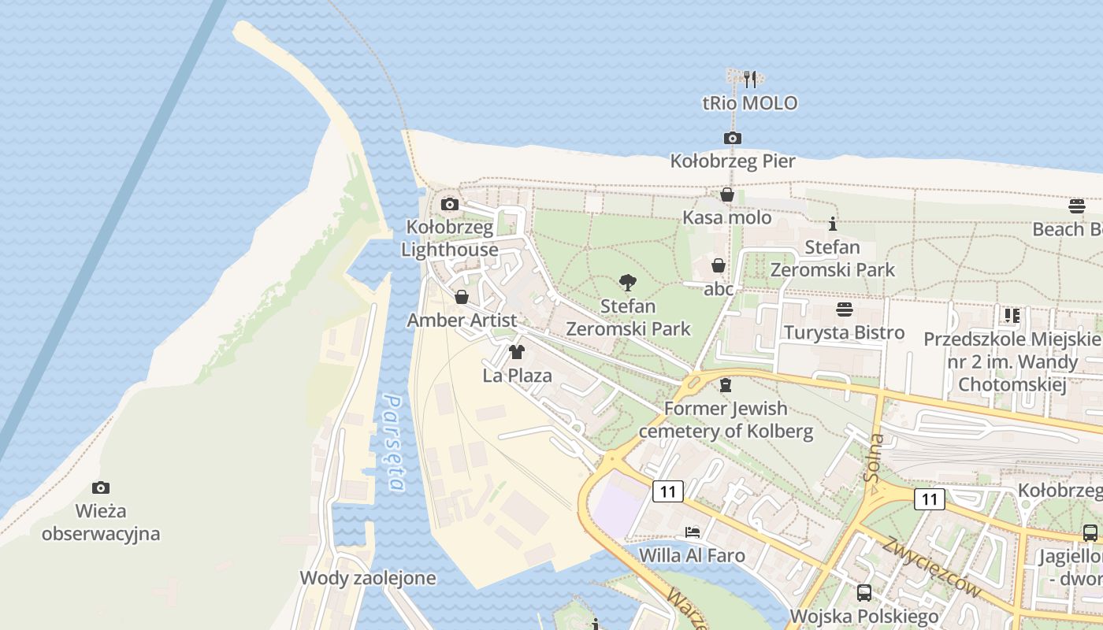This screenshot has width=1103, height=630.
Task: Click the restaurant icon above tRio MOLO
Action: click(x=750, y=79)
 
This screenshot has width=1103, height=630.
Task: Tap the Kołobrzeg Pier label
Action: click(x=732, y=161)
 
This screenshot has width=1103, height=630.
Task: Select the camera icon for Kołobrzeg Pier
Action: click(x=732, y=139)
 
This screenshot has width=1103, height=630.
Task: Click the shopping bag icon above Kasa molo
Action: click(x=726, y=195)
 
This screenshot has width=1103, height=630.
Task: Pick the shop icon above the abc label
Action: click(x=718, y=265)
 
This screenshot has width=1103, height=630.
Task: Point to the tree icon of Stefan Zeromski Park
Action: click(x=628, y=283)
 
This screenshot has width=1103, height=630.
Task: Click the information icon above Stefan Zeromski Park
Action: click(x=832, y=224)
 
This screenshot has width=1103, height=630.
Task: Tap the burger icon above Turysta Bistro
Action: click(x=844, y=309)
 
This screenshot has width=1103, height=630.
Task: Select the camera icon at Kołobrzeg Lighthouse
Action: click(x=450, y=205)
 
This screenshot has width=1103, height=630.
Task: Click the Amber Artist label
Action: click(x=462, y=321)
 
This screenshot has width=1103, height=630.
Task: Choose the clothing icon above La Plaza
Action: click(x=517, y=352)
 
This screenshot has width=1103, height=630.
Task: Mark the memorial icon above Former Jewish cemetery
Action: click(x=725, y=385)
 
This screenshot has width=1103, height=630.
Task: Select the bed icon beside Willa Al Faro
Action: click(x=693, y=532)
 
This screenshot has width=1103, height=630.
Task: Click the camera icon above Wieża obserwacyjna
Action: click(x=100, y=487)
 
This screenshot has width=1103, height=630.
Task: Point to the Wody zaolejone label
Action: click(x=367, y=578)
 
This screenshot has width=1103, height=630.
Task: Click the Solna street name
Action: click(x=873, y=458)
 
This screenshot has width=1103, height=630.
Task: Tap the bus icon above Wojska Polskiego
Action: click(x=863, y=592)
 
